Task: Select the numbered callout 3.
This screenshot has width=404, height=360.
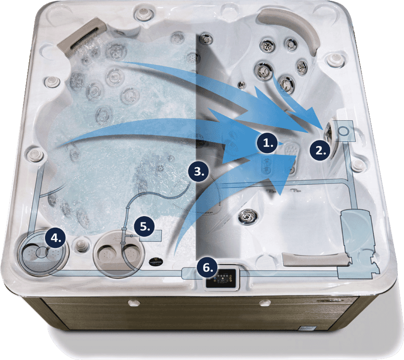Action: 199,171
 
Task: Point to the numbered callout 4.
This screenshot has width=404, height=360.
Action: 55,238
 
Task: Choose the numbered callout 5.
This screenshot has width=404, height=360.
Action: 144,227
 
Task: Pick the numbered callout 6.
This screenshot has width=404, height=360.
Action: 208,267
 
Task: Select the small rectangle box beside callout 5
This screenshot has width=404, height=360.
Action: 150,236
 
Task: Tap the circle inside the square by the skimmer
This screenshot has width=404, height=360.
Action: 344,131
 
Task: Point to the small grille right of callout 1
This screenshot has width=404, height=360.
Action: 291,149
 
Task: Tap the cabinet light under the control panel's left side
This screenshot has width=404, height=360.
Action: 134,303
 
